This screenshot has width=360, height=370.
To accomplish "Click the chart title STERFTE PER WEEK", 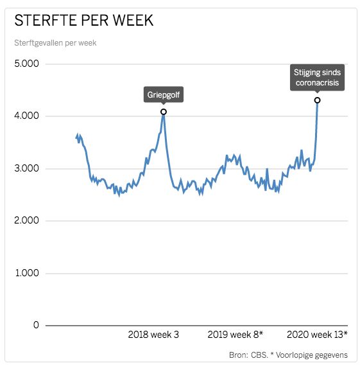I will (84, 21).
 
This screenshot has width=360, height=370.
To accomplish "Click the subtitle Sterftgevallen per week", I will (55, 43).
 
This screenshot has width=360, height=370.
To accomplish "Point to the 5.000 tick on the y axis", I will (27, 64).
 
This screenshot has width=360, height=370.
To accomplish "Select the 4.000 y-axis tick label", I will (27, 116).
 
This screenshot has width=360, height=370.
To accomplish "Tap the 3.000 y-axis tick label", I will (27, 168).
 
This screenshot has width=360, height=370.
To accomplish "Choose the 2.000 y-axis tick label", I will (27, 220).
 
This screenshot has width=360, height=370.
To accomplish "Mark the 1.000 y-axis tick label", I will (27, 273).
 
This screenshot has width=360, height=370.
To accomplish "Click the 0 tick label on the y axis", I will (36, 325).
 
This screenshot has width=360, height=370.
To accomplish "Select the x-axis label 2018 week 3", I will (153, 335).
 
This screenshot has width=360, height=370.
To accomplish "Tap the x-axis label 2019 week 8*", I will (236, 335).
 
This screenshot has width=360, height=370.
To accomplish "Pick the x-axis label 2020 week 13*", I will (317, 335).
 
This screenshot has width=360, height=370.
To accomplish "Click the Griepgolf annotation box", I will (164, 96).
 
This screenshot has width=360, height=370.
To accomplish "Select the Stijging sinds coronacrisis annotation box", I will (317, 78).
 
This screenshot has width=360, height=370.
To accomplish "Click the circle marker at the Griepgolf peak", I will (164, 112).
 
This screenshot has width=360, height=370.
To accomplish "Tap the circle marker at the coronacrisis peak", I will (317, 100).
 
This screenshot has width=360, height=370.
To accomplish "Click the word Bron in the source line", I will (239, 355).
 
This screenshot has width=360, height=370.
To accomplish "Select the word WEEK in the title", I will (132, 21).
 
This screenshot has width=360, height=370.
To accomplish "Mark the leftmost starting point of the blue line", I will (76, 137).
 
